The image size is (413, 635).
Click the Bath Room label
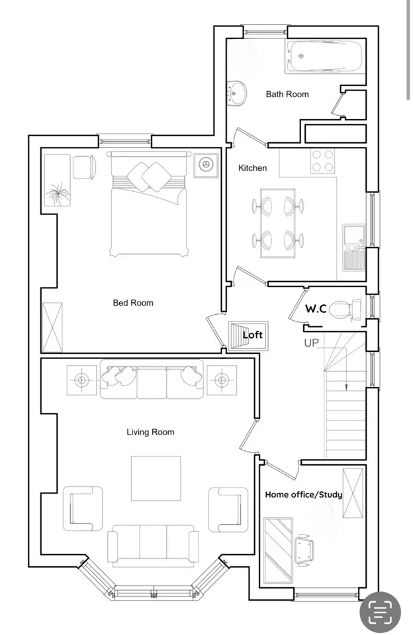[287, 95]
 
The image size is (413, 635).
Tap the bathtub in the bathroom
[325, 57]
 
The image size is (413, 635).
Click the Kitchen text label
[253, 167]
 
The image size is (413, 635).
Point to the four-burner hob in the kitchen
[322, 161]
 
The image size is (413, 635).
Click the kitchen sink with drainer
[354, 247]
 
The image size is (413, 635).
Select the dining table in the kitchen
[277, 223]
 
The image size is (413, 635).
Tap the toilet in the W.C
[345, 310]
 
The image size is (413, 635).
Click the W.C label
[316, 309]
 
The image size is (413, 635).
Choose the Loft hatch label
[253, 335]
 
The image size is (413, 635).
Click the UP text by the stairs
[311, 343]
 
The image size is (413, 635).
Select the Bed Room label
[133, 303]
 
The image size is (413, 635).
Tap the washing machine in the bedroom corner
[206, 165]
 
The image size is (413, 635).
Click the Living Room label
[150, 432]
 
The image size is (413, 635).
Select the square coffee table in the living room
[156, 478]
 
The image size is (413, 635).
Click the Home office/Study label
[303, 495]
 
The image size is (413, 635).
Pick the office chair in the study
[304, 550]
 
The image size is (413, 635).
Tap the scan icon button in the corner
[380, 611]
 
